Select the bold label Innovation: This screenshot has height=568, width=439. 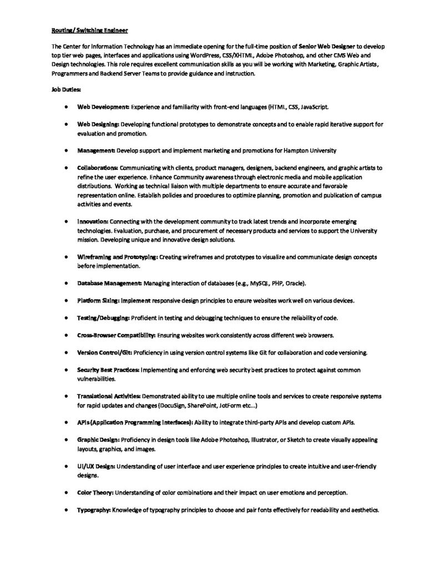tap(93, 221)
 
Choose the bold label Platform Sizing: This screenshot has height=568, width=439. tap(98, 301)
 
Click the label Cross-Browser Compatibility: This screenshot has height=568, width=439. tap(116, 336)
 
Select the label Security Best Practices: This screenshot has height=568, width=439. tap(109, 369)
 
